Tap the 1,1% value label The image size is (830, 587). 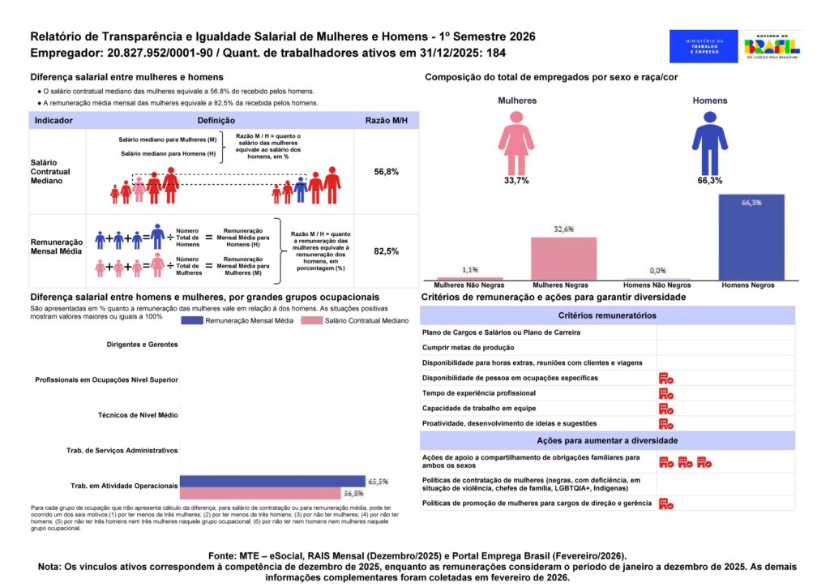469,269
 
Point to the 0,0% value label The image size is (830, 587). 657,271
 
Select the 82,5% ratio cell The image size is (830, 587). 387,251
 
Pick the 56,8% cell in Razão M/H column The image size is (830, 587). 387,172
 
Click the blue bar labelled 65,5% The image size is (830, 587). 272,481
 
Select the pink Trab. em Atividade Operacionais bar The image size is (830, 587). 259,493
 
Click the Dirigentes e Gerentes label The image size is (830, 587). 142,345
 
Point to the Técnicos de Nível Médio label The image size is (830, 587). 138,414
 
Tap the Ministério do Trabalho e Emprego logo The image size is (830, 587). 704,46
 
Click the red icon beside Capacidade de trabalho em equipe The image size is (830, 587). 666,409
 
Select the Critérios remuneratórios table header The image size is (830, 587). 608,315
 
